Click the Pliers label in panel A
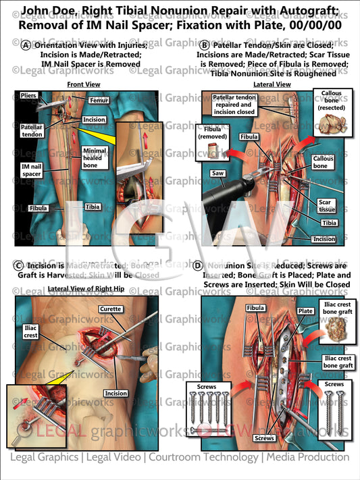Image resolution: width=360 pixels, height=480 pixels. point(28,96)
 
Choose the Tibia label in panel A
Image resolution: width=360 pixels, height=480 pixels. point(92,208)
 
